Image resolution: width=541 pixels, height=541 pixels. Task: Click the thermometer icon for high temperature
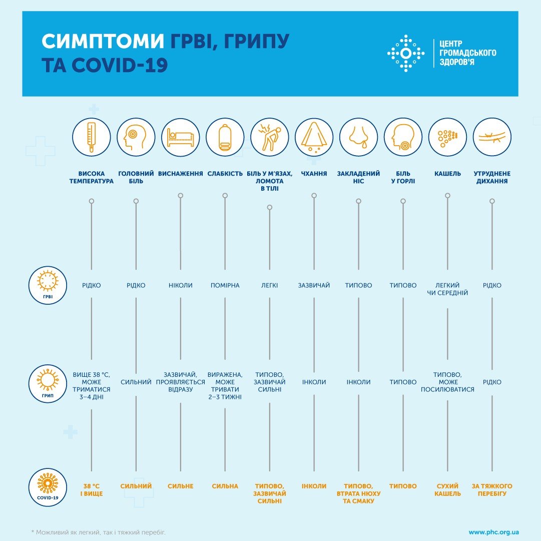[x=91, y=137]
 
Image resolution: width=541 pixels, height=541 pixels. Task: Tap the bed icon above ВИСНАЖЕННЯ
[x=180, y=137]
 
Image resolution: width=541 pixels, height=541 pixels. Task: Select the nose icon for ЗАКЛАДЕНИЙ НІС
[x=358, y=137]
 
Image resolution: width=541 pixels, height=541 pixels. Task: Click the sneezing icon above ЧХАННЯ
[x=314, y=137]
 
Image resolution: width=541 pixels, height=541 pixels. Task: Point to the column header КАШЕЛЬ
[x=447, y=174]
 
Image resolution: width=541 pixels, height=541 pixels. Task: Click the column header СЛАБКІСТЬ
[x=225, y=174]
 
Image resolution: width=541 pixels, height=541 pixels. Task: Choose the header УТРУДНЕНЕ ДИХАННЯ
[x=491, y=177]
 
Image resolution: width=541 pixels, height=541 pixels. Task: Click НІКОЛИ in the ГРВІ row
[x=180, y=285]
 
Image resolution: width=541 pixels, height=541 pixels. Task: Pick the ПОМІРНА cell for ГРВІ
[x=225, y=285]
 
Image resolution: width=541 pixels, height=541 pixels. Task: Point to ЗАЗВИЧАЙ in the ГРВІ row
[x=314, y=285]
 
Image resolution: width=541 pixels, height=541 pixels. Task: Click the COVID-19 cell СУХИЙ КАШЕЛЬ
[x=447, y=489]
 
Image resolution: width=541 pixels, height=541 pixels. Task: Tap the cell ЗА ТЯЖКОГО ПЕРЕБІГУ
[x=491, y=489]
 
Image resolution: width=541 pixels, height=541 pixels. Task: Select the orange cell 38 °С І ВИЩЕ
[x=91, y=489]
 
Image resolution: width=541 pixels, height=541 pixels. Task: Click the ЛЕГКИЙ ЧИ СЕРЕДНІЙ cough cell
[x=447, y=289]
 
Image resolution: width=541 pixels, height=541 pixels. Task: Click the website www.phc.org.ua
[x=493, y=532]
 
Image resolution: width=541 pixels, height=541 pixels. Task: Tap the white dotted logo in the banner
[x=406, y=53]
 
